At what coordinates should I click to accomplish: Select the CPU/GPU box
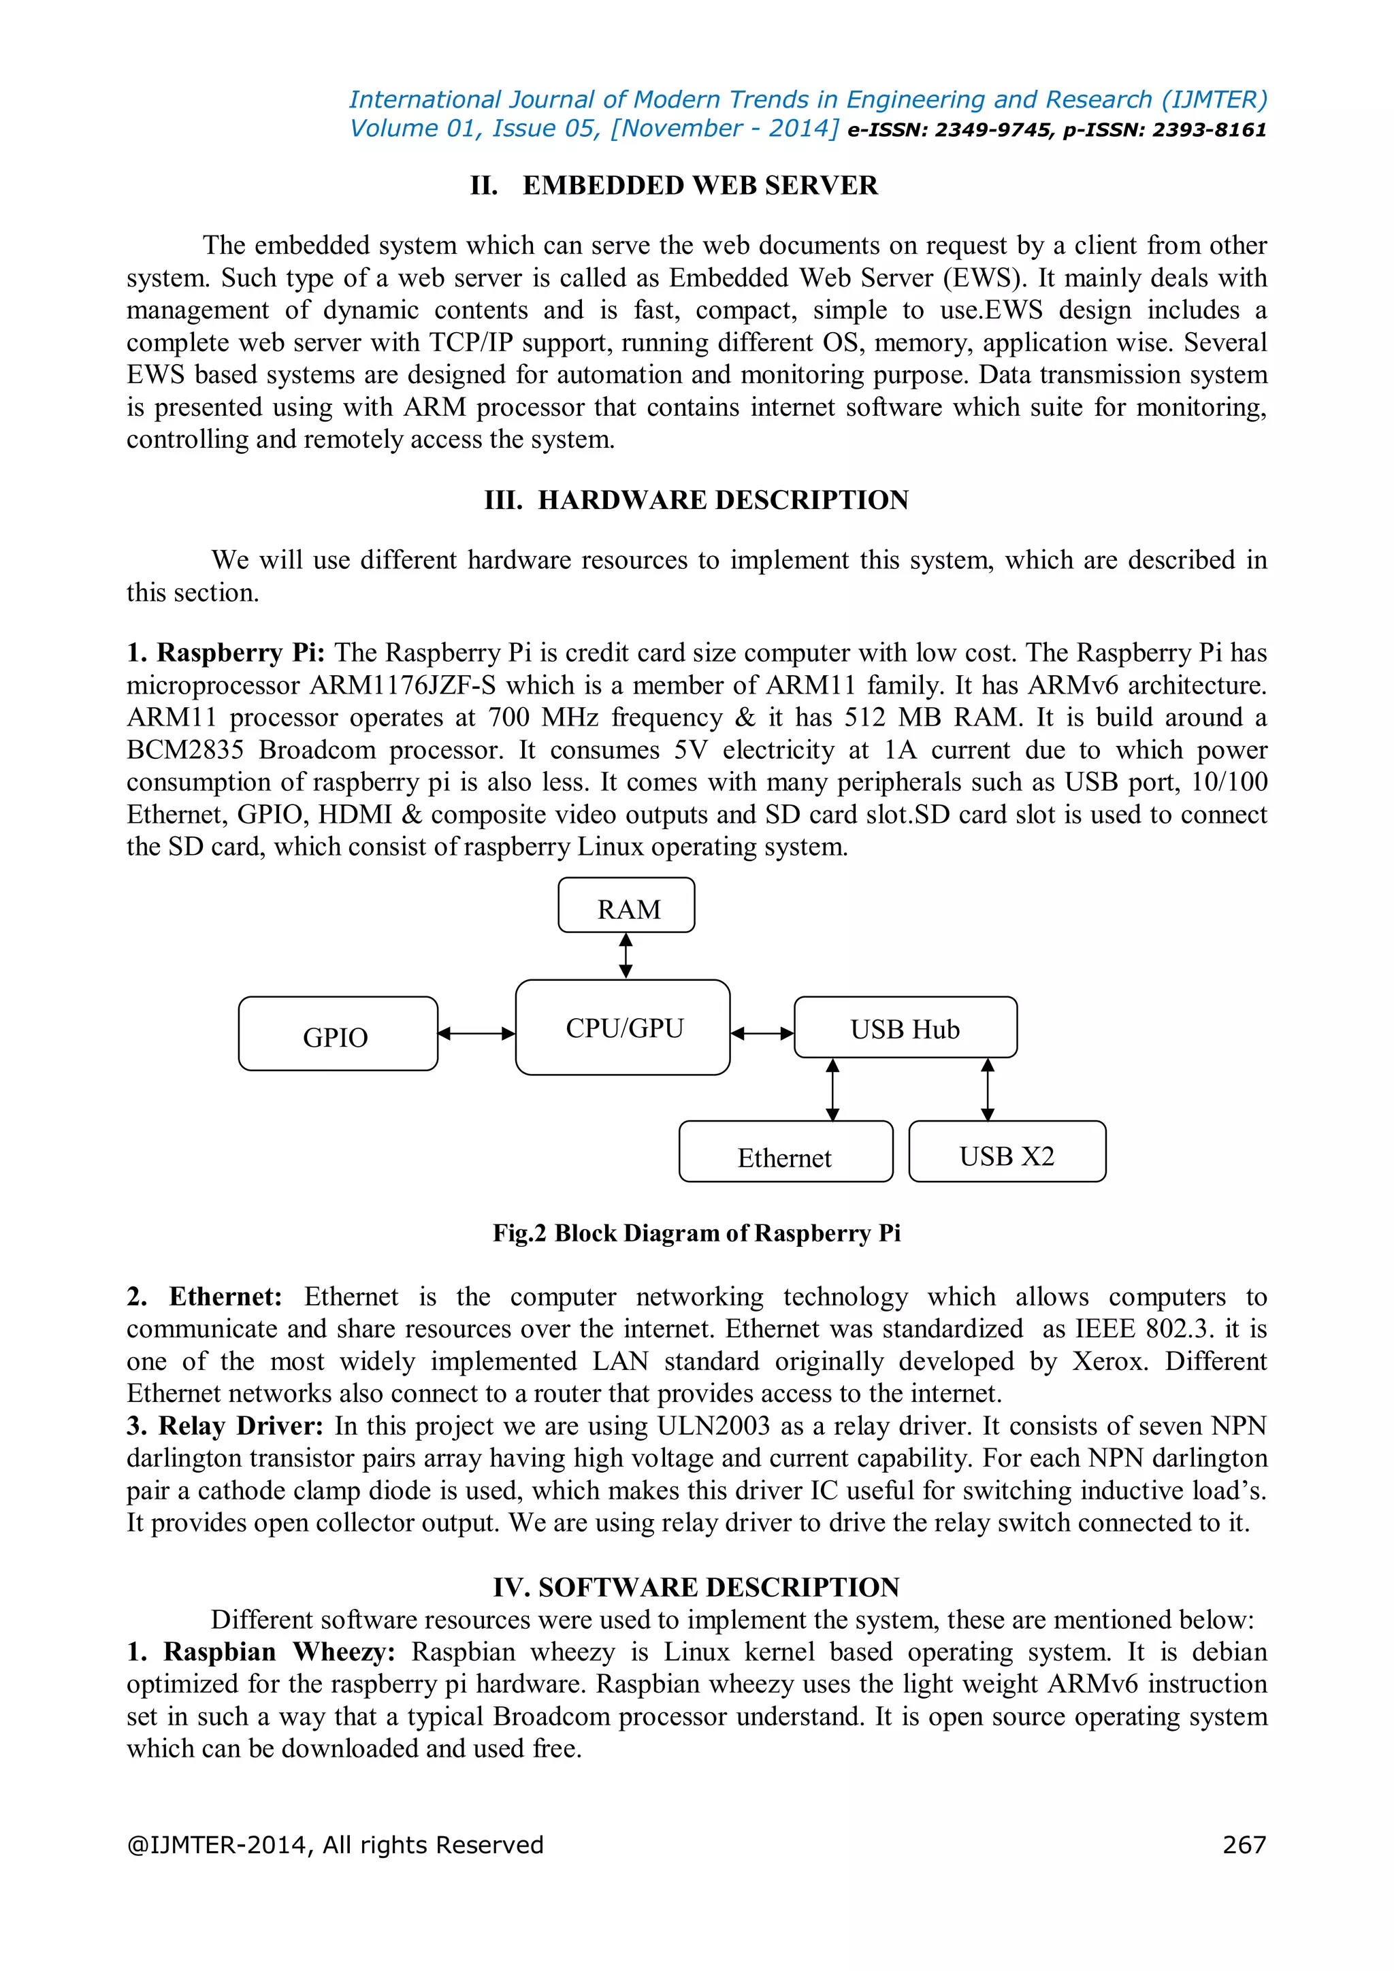click(x=623, y=1028)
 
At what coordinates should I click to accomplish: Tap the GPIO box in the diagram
click(x=338, y=1035)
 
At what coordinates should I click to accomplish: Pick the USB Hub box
click(x=905, y=1028)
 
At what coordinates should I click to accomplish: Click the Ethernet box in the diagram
click(x=785, y=1152)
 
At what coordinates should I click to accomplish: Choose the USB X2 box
click(x=1006, y=1152)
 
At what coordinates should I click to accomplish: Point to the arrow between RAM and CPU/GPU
click(x=626, y=956)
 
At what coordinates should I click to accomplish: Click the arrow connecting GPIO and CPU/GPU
click(x=476, y=1034)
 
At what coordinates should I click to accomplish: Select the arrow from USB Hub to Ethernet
click(x=832, y=1090)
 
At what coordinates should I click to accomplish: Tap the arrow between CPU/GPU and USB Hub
click(x=762, y=1034)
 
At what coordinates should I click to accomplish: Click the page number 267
click(x=1244, y=1845)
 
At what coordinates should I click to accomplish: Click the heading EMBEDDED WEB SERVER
click(x=700, y=185)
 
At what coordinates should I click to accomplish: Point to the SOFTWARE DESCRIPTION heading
click(x=719, y=1587)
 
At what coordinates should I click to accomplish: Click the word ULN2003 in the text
click(x=713, y=1426)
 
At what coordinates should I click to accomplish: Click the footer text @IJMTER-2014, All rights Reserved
click(x=335, y=1845)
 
